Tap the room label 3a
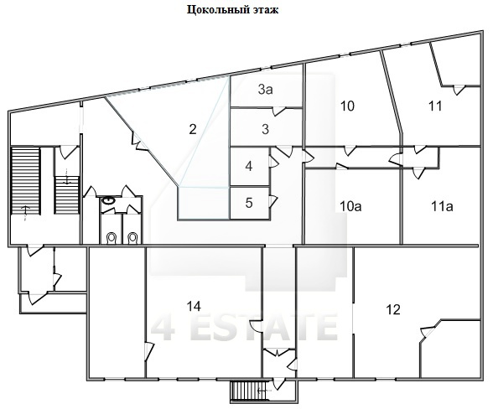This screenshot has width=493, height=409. (266, 90)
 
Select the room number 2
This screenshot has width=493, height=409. (193, 129)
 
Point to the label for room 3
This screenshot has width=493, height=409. (265, 129)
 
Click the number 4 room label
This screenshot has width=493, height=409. (249, 166)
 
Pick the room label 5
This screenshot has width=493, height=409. (249, 203)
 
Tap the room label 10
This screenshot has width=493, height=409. (347, 106)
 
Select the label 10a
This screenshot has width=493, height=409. (350, 206)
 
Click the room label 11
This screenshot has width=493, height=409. (435, 106)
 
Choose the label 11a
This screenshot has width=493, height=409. (442, 206)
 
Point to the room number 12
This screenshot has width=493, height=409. (393, 309)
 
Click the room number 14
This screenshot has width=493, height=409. (194, 306)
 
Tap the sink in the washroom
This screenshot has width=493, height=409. (109, 200)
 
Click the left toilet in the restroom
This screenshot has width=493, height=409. (112, 238)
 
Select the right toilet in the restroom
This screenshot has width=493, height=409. (132, 238)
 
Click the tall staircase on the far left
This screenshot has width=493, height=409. (25, 181)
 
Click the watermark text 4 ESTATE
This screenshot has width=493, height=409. (244, 327)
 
